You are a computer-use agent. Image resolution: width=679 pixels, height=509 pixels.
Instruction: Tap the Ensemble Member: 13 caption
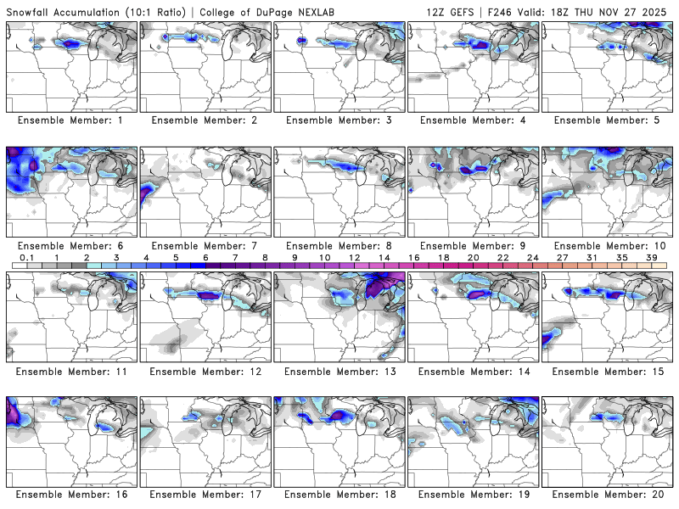pyautogui.click(x=339, y=371)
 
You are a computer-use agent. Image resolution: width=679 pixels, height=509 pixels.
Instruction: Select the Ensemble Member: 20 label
pyautogui.click(x=608, y=495)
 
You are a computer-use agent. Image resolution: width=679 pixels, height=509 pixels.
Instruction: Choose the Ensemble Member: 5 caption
pyautogui.click(x=608, y=120)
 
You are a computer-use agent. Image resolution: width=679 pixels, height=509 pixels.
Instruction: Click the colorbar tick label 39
pyautogui.click(x=651, y=257)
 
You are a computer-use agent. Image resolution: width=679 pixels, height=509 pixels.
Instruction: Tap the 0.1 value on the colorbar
pyautogui.click(x=26, y=257)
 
